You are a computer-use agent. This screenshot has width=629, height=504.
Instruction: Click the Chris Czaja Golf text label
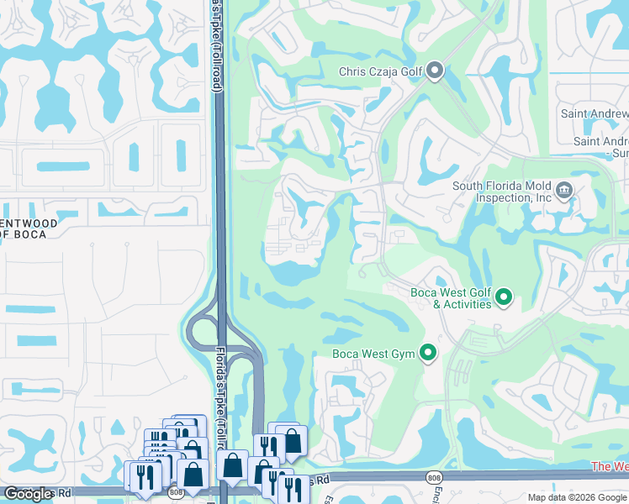pos(381,71)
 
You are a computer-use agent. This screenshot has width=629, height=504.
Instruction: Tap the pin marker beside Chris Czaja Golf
pos(435,71)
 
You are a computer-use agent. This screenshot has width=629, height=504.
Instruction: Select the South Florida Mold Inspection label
pos(502,192)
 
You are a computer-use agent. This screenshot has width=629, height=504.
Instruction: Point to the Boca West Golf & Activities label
pos(451,298)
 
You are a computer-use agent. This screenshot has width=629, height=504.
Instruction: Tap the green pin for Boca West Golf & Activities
pos(504,297)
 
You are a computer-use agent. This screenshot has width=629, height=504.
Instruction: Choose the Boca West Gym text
pos(374,354)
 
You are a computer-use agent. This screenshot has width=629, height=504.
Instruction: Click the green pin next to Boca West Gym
pos(428,353)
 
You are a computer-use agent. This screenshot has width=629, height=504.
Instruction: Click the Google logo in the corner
pos(29,494)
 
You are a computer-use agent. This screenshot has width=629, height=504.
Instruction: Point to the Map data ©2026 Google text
pos(577,497)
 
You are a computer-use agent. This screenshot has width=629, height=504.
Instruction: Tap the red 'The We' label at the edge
pos(610,466)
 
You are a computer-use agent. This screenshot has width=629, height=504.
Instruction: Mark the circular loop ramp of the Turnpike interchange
pos(202,329)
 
